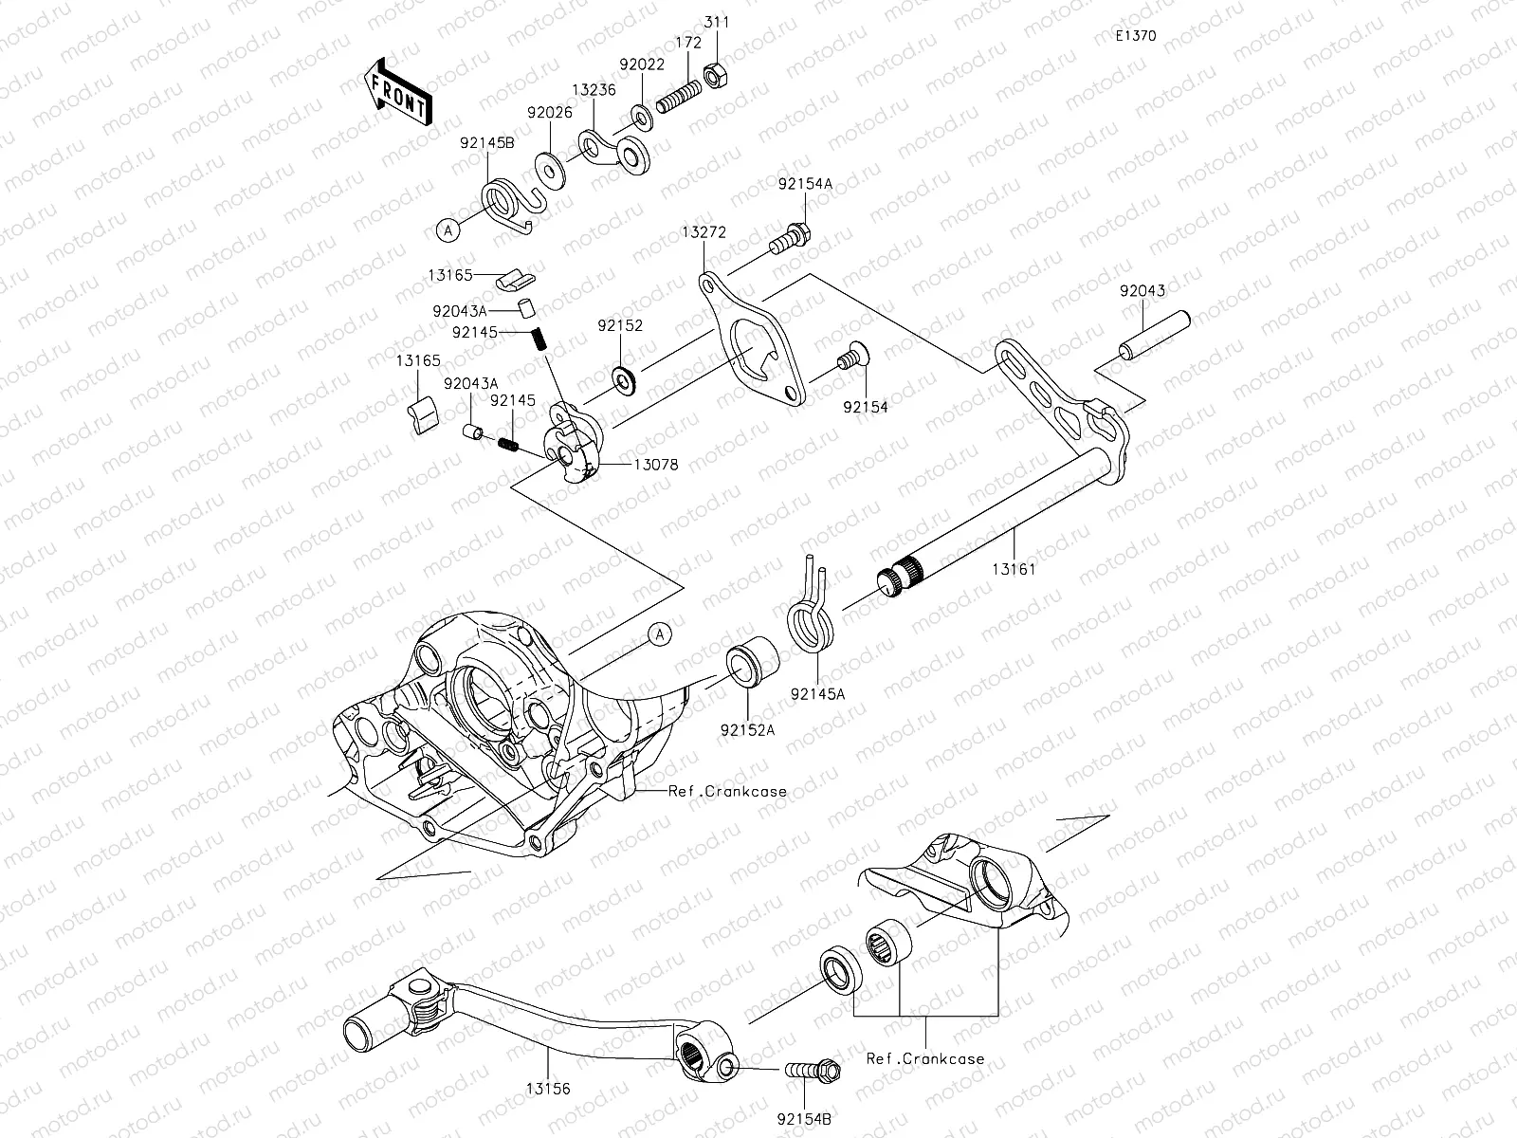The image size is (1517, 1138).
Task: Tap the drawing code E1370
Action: click(1135, 36)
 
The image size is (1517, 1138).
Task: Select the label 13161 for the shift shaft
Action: click(1014, 570)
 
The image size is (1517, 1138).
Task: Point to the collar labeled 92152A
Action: click(751, 665)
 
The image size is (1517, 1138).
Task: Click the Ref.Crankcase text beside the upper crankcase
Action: click(727, 792)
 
